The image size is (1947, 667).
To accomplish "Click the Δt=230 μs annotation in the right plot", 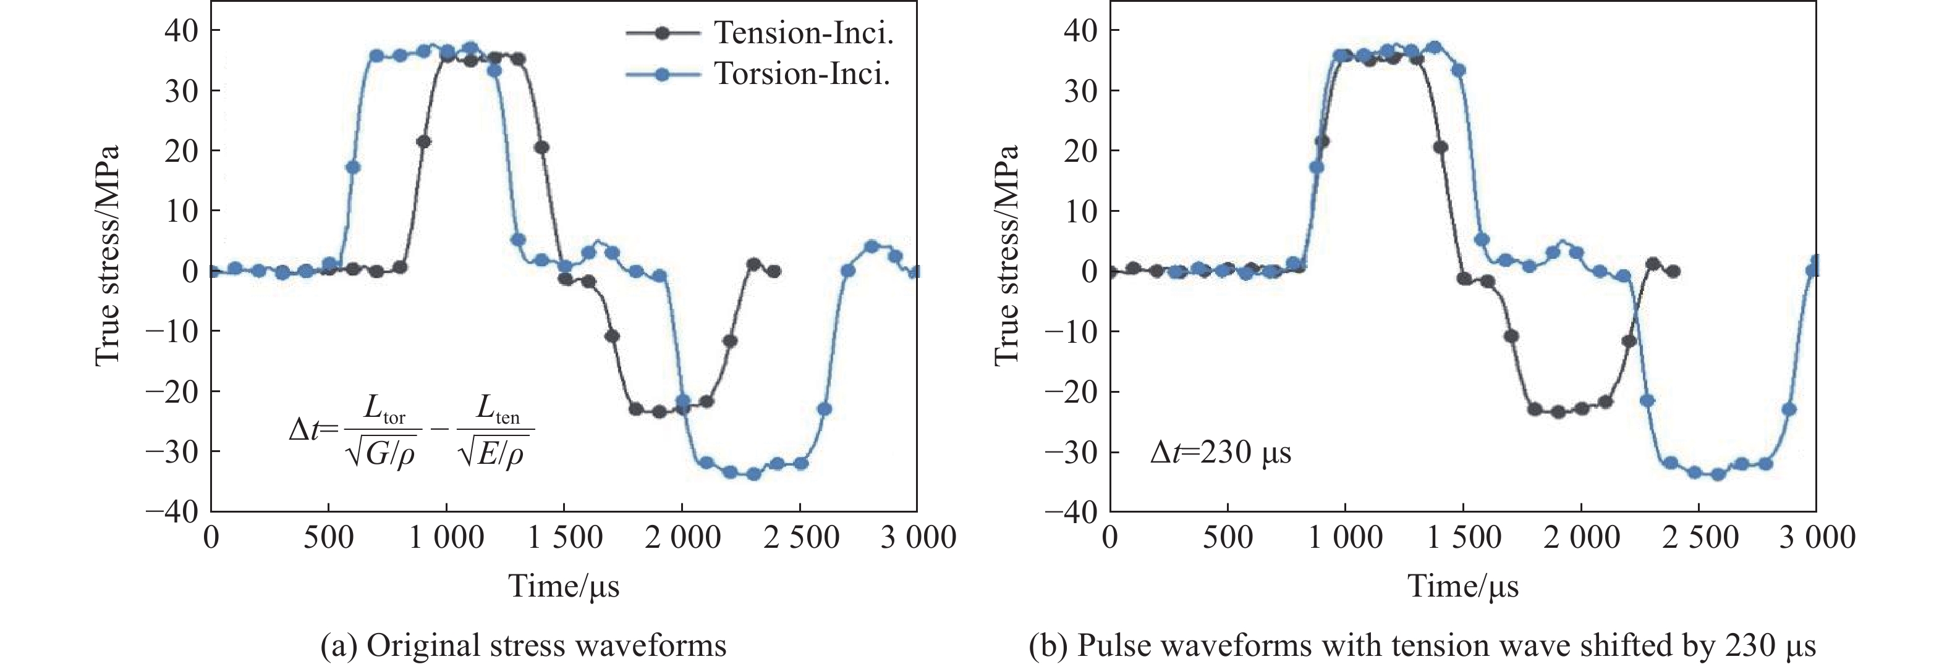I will [x=1220, y=451].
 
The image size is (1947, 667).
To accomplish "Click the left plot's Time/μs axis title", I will [x=564, y=586].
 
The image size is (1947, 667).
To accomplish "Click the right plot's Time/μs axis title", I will [x=1462, y=586].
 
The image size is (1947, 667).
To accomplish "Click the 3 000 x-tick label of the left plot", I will [x=918, y=538].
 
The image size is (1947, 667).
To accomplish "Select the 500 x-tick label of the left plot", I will [x=329, y=538].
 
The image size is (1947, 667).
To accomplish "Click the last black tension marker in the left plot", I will [x=773, y=271].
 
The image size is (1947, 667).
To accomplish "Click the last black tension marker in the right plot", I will [x=1673, y=271].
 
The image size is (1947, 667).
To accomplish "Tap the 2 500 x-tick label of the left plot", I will [x=800, y=538].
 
